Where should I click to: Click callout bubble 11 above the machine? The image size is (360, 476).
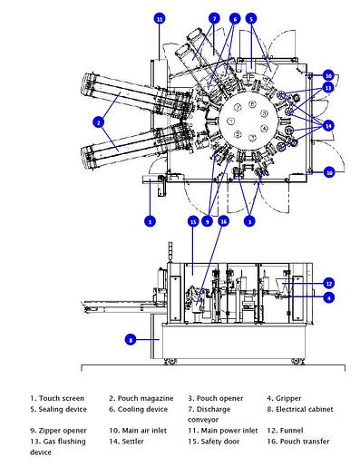coord(160,18)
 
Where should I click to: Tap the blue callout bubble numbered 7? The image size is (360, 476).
coord(214,18)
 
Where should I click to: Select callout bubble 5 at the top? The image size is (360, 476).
coord(251,18)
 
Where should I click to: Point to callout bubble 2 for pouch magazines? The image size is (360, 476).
coord(98,121)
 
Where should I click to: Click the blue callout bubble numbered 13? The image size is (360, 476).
coord(328,87)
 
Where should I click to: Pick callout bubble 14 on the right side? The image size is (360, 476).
coord(328,123)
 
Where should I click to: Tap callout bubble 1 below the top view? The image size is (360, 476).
coord(151,219)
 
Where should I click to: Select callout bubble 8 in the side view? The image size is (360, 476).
coord(131,339)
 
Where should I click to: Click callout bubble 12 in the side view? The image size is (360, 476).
coord(329,283)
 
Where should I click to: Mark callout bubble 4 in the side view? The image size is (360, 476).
coord(329,296)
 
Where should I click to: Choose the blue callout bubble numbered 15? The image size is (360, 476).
coord(193,220)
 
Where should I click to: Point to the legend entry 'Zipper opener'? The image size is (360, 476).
coord(63,430)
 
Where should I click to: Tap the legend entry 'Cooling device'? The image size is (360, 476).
coord(140,409)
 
